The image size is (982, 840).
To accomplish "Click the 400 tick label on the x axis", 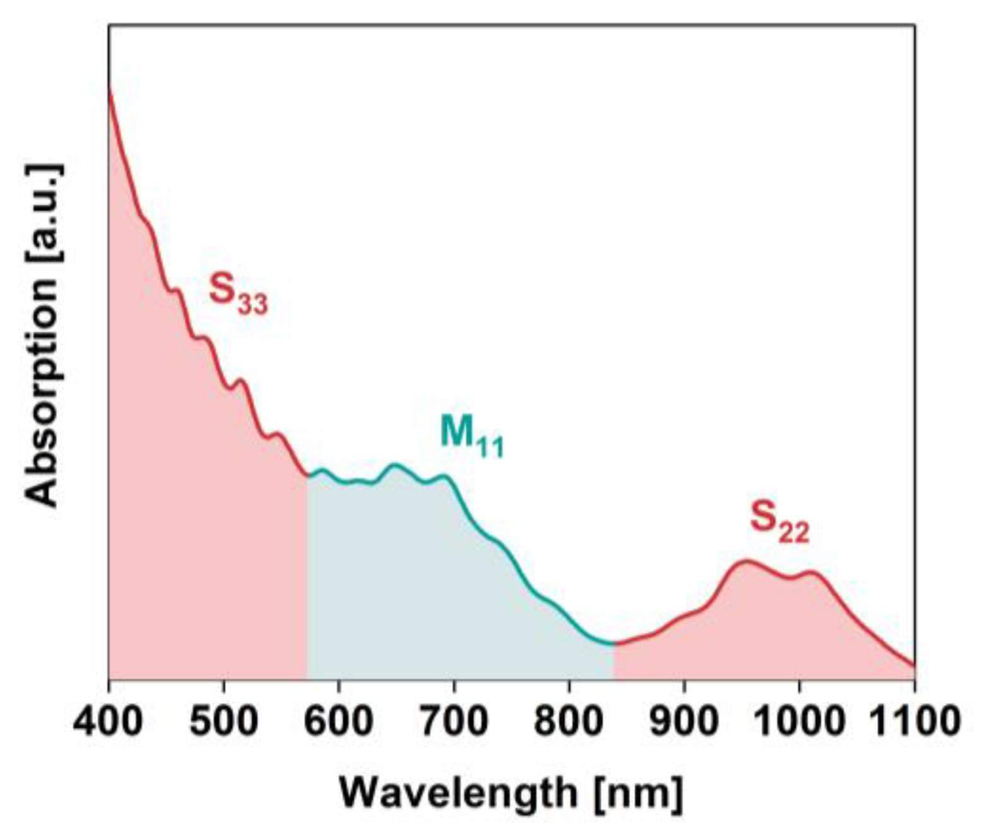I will [x=108, y=720].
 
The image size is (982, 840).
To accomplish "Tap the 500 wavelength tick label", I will [x=223, y=720].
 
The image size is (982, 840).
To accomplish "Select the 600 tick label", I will [x=339, y=720].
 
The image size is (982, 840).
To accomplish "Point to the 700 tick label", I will [x=454, y=720].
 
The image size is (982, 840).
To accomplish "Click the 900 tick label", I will [x=684, y=720].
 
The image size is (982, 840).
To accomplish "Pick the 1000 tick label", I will [x=799, y=720].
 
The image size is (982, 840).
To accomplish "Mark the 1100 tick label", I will [x=914, y=720].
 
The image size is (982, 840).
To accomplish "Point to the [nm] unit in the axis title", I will [x=638, y=793].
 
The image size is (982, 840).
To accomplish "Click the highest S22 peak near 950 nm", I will [x=747, y=560].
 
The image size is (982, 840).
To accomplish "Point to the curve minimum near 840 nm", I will [x=612, y=644].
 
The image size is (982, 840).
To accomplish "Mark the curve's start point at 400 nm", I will [x=109, y=88].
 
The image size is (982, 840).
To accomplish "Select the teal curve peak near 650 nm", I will [x=396, y=465].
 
